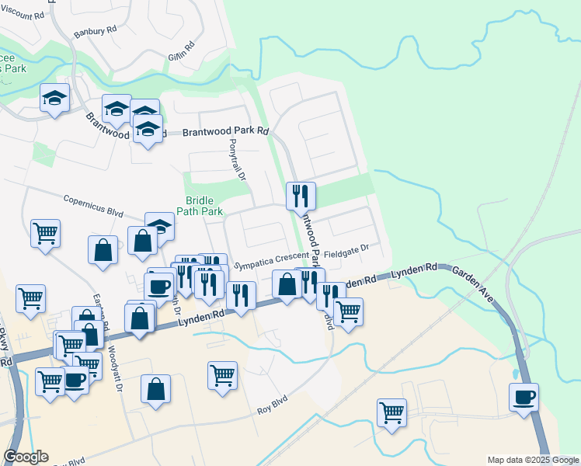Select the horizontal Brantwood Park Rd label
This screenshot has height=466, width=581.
click(224, 131)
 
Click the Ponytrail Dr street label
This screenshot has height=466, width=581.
click(238, 161)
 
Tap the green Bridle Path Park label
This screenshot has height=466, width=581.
click(204, 205)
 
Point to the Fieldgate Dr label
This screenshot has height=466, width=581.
click(346, 253)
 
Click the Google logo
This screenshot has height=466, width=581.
click(26, 457)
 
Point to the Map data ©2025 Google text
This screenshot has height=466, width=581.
click(533, 460)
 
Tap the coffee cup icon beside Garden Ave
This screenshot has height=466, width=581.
click(524, 397)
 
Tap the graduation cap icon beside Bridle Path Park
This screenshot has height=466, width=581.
click(159, 225)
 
